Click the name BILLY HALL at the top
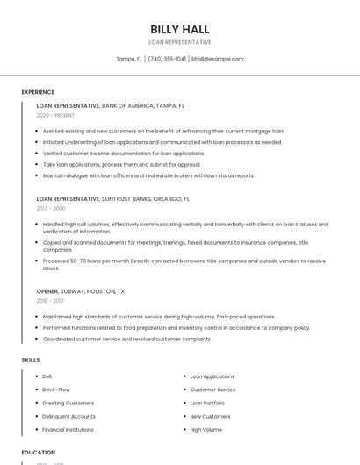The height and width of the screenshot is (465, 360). click(x=180, y=29)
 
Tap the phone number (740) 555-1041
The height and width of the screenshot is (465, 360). click(x=167, y=59)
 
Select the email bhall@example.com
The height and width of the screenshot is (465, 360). click(x=218, y=59)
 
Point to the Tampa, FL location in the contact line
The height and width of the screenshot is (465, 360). click(x=129, y=59)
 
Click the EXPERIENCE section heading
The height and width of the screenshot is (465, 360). click(x=38, y=92)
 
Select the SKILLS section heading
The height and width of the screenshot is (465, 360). click(x=31, y=360)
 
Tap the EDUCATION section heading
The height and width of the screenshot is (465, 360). click(x=38, y=453)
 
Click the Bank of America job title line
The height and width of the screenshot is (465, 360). click(x=111, y=105)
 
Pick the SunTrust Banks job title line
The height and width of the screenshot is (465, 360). click(x=113, y=199)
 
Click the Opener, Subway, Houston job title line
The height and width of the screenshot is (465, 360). click(x=81, y=291)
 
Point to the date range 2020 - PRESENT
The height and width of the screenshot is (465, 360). click(x=55, y=115)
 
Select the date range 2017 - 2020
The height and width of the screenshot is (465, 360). click(x=51, y=209)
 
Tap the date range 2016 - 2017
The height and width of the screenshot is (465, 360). click(x=50, y=301)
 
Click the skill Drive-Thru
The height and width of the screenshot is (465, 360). click(x=56, y=390)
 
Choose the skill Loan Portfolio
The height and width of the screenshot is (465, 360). click(x=207, y=403)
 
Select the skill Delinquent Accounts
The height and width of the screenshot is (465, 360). click(x=68, y=416)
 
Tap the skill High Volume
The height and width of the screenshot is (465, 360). click(x=205, y=430)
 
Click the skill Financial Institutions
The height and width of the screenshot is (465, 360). click(x=68, y=430)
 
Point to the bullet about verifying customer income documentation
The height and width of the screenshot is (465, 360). click(x=124, y=153)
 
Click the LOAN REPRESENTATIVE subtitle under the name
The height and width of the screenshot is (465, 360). click(x=180, y=42)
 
